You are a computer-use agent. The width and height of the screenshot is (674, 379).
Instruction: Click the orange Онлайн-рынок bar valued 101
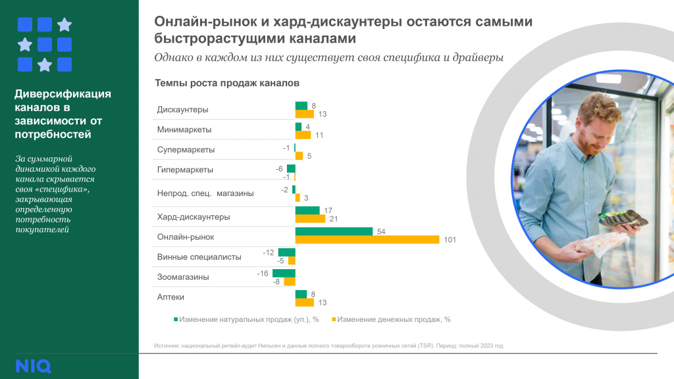[367, 240]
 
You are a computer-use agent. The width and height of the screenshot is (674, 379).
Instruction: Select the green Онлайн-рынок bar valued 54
[334, 231]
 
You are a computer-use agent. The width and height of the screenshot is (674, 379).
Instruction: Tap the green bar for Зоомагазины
[284, 272]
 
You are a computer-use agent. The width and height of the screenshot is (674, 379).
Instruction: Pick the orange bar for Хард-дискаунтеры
[310, 219]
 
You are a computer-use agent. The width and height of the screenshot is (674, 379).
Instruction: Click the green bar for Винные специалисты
[287, 252]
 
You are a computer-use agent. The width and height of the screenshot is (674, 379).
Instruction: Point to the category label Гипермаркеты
[185, 169]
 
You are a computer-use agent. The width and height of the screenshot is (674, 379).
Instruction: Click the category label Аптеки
[170, 297]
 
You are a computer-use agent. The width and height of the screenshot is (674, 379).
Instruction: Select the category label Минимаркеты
[184, 130]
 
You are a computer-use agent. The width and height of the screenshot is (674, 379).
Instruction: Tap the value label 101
[450, 240]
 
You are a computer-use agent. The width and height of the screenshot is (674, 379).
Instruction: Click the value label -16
[262, 272]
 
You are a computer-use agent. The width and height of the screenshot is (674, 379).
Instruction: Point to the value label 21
[332, 219]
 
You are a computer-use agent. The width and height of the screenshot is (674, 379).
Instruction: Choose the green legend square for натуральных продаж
[176, 319]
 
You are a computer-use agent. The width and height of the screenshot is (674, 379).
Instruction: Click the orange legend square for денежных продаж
[334, 319]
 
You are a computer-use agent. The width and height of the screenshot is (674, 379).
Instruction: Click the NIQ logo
[33, 366]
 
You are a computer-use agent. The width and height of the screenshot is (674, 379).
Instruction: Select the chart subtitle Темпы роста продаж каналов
[227, 84]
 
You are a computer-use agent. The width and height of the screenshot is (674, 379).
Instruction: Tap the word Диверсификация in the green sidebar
[63, 93]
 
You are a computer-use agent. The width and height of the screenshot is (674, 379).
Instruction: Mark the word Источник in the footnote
[167, 345]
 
